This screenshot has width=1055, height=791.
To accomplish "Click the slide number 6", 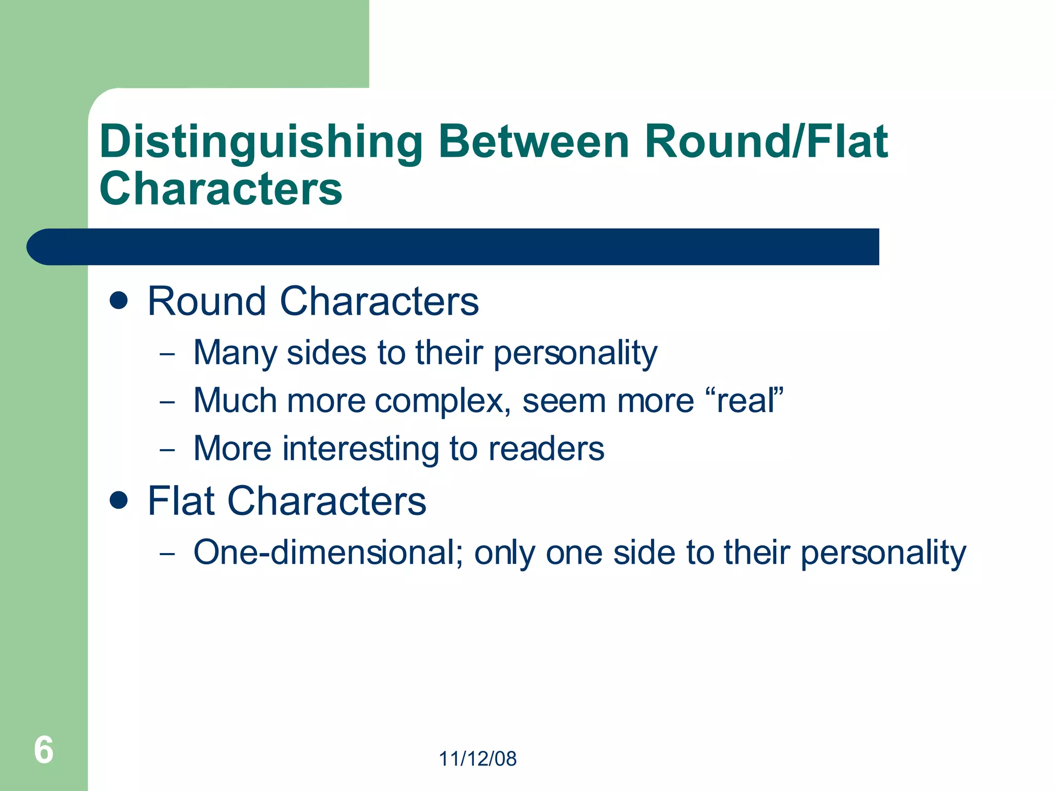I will pyautogui.click(x=44, y=750).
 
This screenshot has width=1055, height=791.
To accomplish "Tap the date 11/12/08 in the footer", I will pyautogui.click(x=478, y=759).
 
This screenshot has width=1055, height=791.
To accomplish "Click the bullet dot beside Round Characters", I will pyautogui.click(x=119, y=301).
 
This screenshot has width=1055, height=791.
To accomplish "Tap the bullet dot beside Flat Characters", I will pyautogui.click(x=119, y=500).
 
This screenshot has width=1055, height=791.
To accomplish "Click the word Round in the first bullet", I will pyautogui.click(x=207, y=301).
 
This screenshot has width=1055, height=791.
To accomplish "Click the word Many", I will pyautogui.click(x=235, y=354).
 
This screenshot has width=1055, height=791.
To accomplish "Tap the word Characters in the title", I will pyautogui.click(x=221, y=189).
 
